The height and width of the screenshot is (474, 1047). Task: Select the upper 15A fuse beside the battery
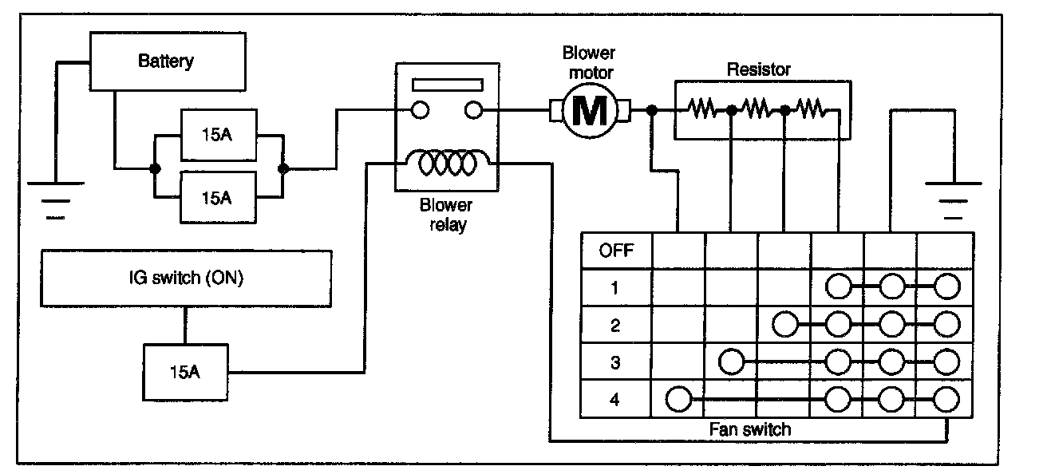218,132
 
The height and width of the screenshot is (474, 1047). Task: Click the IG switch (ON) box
186,279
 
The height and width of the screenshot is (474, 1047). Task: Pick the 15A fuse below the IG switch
185,371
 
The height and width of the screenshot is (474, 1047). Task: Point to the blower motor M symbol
590,111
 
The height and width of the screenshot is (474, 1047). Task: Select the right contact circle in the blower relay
474,110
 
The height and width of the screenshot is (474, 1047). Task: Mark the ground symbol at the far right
946,197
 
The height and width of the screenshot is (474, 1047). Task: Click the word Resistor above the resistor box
758,69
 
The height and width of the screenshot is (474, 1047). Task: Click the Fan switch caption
750,429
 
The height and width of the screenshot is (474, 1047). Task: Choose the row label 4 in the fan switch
614,399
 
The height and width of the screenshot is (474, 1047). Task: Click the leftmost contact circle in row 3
732,361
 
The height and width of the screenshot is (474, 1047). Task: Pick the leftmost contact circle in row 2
786,324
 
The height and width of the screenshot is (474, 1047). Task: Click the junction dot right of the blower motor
652,111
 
